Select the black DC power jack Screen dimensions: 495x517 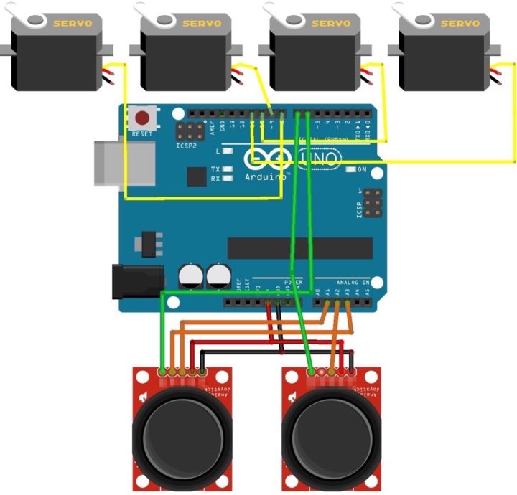[136, 280]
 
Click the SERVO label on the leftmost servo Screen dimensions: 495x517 [72, 24]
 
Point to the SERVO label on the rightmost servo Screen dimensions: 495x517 [460, 24]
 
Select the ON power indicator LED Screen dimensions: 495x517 [351, 170]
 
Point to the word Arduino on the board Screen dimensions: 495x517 [266, 176]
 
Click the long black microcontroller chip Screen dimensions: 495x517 [300, 247]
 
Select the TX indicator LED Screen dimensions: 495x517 [228, 170]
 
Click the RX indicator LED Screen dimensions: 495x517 [228, 179]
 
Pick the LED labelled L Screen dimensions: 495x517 [228, 151]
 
